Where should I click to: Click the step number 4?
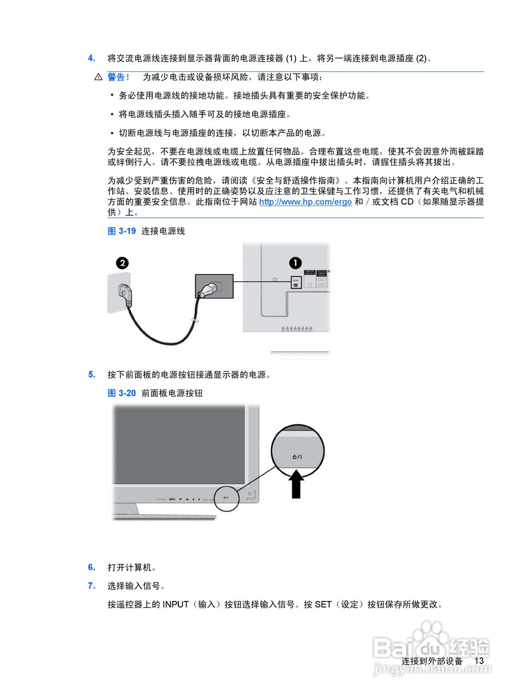(x=92, y=58)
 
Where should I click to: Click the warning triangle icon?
(x=98, y=77)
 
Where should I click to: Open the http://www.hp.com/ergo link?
(x=305, y=202)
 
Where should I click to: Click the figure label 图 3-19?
(x=122, y=231)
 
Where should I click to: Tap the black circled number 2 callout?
(x=123, y=263)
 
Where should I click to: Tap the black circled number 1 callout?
(x=295, y=263)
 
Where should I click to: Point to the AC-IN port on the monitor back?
(x=296, y=282)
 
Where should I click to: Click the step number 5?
(x=92, y=375)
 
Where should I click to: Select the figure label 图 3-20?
(x=122, y=393)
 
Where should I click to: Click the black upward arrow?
(x=296, y=484)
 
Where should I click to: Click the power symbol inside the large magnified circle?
(x=297, y=456)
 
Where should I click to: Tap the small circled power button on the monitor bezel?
(x=226, y=498)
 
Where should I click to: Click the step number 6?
(x=92, y=568)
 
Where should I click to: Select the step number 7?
(x=92, y=586)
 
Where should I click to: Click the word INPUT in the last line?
(x=176, y=605)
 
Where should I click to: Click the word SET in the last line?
(x=323, y=605)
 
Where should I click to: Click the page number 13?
(x=479, y=661)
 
